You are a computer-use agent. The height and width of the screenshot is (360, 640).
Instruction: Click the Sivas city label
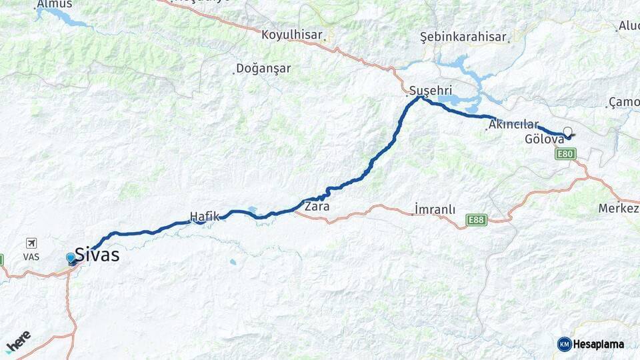coord(97,254)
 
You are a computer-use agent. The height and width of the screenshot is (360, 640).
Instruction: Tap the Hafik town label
coord(204,216)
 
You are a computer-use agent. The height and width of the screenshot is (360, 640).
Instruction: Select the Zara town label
coord(317,207)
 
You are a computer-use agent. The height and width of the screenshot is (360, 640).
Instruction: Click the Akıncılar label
coord(513,125)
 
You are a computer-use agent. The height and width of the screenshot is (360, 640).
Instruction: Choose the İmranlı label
coord(435,209)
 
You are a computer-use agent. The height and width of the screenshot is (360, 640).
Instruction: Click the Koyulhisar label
coord(292,35)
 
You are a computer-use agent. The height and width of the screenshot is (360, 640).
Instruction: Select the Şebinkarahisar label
coord(463,37)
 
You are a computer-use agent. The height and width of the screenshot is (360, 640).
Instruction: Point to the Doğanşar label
coord(264,69)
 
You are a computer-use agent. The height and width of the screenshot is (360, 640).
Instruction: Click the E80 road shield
coord(565,154)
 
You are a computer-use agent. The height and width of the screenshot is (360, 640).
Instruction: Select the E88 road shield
coord(477,219)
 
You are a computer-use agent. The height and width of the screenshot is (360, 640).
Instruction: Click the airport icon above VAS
coord(31,243)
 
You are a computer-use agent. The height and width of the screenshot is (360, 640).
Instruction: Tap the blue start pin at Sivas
coord(71,258)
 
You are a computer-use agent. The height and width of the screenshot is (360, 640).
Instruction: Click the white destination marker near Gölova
coord(568,131)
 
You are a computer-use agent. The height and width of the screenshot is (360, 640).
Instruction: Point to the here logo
coord(19,341)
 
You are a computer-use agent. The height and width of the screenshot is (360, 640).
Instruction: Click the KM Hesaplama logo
coord(591,344)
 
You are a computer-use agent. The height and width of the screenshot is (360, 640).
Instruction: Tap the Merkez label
coord(618,209)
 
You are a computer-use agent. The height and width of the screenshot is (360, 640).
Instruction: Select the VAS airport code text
coord(31,257)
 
